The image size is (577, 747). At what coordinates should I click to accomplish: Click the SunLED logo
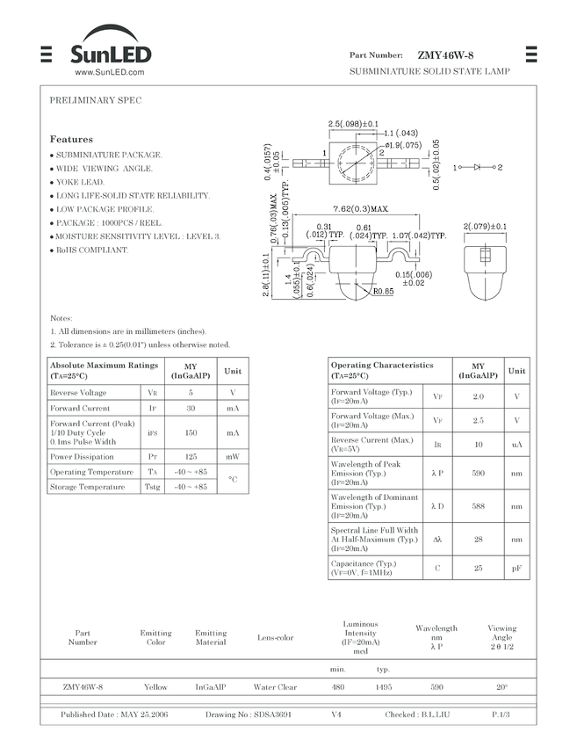coord(111,54)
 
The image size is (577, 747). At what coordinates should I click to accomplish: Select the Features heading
coord(71,139)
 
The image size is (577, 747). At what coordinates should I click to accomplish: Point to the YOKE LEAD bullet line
coord(80,182)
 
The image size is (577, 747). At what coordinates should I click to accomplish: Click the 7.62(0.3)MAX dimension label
coord(360,209)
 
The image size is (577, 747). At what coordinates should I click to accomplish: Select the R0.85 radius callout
coord(383,292)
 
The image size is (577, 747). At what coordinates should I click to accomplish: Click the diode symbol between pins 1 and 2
coord(478,167)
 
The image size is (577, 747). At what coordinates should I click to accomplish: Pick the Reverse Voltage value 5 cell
coord(191,393)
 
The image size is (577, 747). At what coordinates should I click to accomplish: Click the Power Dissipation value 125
coord(191,456)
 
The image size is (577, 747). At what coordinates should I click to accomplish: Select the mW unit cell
coord(233,456)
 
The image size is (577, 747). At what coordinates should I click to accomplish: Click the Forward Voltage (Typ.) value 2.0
coord(478,396)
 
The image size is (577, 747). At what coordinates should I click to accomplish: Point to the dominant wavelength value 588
coord(478,506)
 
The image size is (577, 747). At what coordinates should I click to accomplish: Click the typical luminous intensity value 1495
coord(383,686)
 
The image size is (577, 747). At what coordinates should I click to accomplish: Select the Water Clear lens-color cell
coord(275,686)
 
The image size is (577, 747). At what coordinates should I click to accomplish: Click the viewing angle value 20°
coord(501,686)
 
